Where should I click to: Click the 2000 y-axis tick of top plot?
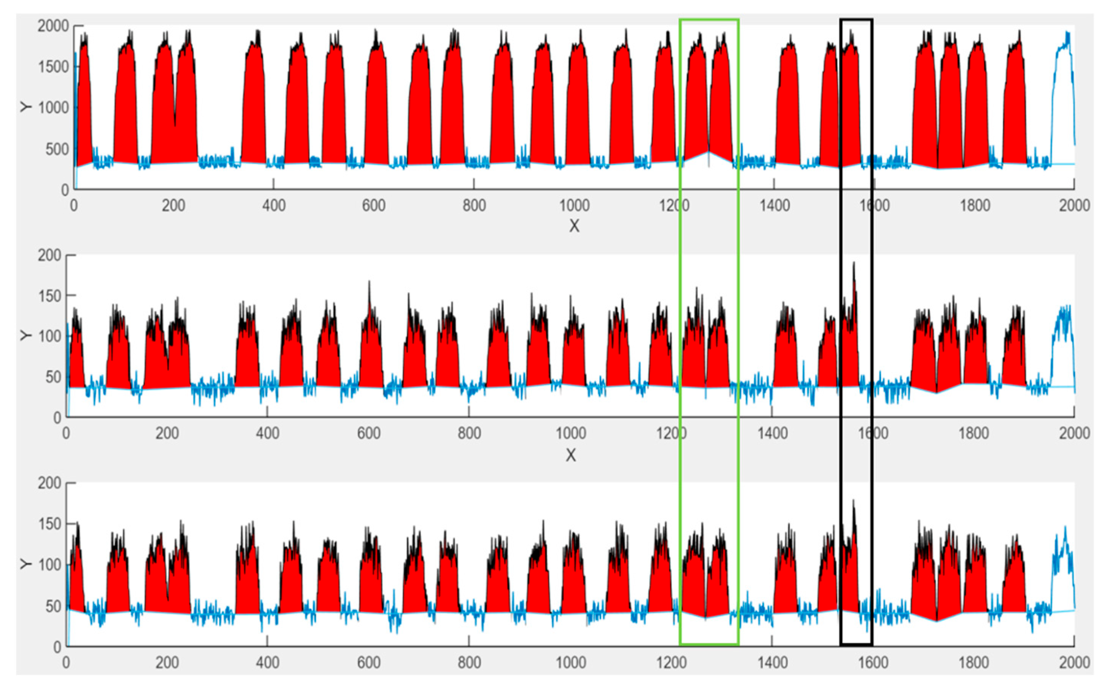pos(53,26)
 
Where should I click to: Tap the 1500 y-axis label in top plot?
pos(53,67)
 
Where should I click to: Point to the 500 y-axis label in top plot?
pos(57,149)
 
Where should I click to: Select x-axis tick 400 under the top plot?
pos(274,205)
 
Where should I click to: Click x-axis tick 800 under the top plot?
pos(474,205)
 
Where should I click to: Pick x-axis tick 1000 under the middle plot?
pos(570,433)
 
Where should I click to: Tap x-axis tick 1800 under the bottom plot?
pos(973,662)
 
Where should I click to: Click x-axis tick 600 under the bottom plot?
pos(369,662)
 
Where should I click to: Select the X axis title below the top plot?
pos(574,226)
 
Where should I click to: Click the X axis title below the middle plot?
pos(570,455)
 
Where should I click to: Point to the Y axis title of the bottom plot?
pos(26,564)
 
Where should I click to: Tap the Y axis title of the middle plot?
pos(26,335)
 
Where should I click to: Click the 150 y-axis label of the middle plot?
pos(49,296)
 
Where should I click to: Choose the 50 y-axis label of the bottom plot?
pos(53,606)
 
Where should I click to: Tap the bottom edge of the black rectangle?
pos(856,644)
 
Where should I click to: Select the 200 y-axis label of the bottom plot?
pos(49,483)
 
